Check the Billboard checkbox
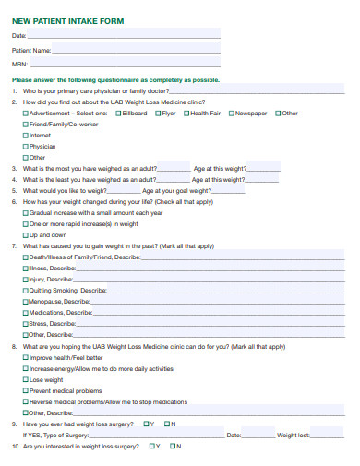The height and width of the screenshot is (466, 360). [119, 114]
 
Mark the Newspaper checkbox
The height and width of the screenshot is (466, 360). [232, 114]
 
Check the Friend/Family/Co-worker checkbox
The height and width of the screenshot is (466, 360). [26, 125]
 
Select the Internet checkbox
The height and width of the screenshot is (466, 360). [26, 136]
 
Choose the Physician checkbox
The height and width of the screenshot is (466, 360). [26, 147]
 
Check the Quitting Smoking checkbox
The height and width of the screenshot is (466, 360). [26, 291]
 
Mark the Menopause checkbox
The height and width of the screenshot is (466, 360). [26, 302]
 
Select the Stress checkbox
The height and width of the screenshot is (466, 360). [26, 324]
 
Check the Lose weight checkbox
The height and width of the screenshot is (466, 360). [26, 379]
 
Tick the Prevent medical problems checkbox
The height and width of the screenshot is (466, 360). [26, 390]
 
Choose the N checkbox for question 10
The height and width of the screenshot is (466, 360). [173, 446]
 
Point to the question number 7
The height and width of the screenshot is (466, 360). [15, 246]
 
